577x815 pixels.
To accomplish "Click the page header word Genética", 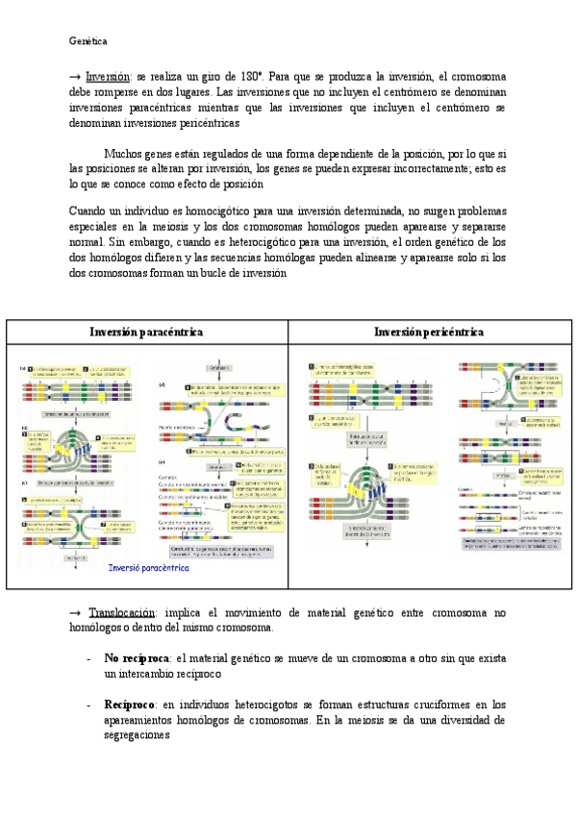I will (88, 41).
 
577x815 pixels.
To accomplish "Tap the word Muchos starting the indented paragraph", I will (126, 153).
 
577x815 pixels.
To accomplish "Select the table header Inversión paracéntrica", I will (146, 332).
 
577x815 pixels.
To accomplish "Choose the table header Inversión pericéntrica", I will (429, 332).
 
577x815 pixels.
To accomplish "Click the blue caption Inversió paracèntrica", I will (149, 567).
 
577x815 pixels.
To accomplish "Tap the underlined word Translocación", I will (122, 612).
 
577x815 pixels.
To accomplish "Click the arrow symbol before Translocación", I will (77, 612).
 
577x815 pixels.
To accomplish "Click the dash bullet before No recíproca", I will (88, 659).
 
